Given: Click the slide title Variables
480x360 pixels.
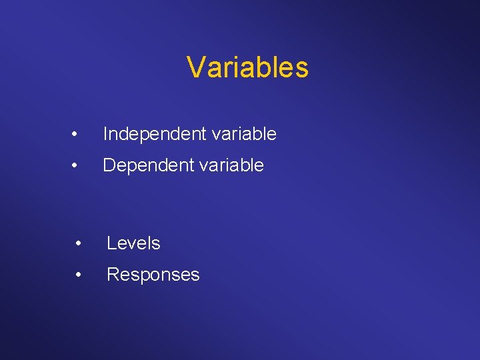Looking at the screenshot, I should pos(247,67).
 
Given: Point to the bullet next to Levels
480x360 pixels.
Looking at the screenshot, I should pos(79,244).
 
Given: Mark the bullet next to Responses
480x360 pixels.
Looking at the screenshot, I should pos(79,275).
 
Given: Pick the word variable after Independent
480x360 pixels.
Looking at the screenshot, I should pos(245,135).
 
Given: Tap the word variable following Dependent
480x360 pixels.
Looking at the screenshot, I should pos(232,165).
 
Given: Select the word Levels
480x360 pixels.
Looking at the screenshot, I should pos(133,243).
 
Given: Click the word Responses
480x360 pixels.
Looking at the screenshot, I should pos(153,275).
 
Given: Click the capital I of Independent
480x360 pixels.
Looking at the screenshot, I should pos(105,135).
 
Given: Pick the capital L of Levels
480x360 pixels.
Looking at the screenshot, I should pos(111,243).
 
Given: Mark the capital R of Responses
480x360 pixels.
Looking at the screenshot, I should pos(113,275).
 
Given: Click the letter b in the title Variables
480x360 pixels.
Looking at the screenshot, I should pos(259,67).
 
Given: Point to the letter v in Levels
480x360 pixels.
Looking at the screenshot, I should pos(131,245).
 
